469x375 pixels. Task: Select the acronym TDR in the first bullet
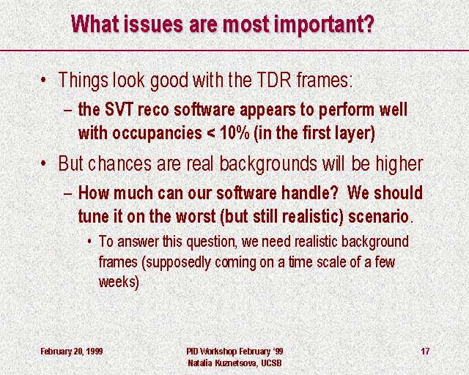click(x=273, y=80)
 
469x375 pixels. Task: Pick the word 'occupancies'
click(x=157, y=134)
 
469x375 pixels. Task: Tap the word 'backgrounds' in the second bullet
click(x=268, y=164)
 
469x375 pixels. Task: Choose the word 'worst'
click(x=196, y=216)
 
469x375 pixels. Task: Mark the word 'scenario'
click(x=378, y=216)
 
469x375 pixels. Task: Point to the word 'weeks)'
click(x=119, y=282)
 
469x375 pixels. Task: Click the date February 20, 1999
click(x=72, y=351)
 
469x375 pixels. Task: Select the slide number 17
click(x=425, y=351)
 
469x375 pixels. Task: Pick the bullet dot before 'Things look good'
click(x=44, y=80)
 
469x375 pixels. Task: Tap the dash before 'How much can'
click(x=68, y=193)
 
